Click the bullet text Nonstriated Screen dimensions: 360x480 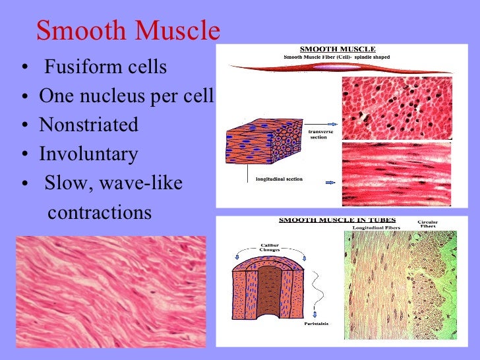click(x=88, y=125)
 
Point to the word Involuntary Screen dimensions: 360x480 click(x=88, y=154)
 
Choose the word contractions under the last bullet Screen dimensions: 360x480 click(x=100, y=213)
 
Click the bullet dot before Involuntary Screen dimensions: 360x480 click(x=24, y=156)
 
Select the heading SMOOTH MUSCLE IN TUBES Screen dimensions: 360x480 click(x=338, y=220)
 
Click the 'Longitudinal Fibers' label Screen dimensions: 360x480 click(x=375, y=228)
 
